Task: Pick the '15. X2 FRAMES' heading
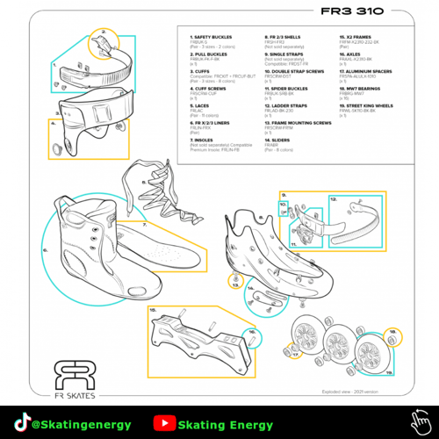pos(357,39)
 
